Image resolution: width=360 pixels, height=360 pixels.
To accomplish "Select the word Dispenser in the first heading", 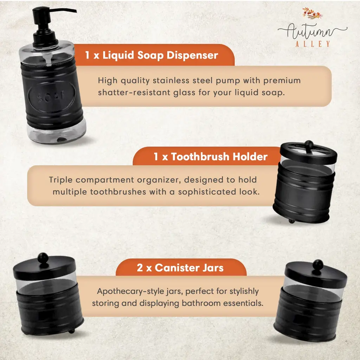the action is click(192, 55).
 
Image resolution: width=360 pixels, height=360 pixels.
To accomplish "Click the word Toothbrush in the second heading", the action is click(200, 156).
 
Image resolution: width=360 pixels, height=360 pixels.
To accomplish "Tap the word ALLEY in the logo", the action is click(313, 44).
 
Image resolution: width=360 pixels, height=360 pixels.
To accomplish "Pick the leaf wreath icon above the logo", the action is click(312, 14).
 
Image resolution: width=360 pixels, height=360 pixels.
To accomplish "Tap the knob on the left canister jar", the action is click(43, 258).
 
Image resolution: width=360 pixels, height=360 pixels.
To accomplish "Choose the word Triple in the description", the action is click(60, 180).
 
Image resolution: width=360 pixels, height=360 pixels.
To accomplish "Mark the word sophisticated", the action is click(207, 192).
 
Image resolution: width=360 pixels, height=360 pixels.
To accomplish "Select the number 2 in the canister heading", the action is click(140, 268).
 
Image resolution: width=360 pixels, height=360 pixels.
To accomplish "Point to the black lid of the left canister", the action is click(45, 269).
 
